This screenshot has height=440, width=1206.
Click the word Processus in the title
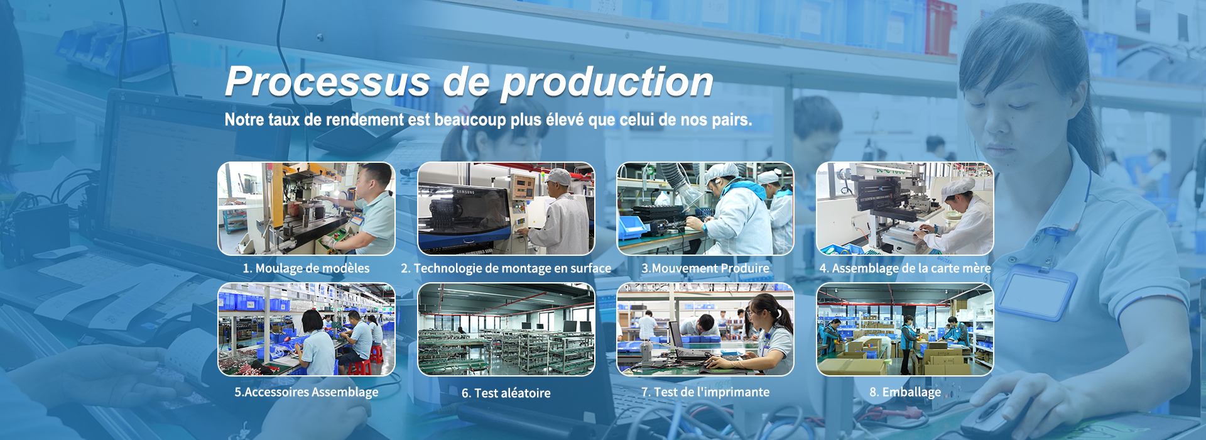pos(328,82)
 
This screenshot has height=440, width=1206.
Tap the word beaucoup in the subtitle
pos(470,119)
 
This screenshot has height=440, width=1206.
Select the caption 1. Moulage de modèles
pos(307,268)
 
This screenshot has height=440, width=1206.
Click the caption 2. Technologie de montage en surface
pos(506,268)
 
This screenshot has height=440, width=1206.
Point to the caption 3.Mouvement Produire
pos(705,268)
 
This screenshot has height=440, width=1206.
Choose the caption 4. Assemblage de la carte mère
pos(905,268)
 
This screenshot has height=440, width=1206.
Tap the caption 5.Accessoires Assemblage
pos(307,392)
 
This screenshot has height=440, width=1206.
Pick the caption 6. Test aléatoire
pos(506,393)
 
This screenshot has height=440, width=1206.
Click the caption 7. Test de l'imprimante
pos(705,392)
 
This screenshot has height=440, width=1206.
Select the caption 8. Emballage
pos(905,392)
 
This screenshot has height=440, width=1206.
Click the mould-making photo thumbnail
pos(307,209)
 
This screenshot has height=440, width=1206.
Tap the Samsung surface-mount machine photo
pos(506,209)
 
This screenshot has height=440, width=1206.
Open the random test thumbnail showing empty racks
pos(506,329)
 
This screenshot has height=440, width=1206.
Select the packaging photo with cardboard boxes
pos(905,329)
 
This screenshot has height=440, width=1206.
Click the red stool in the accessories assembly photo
pos(359,367)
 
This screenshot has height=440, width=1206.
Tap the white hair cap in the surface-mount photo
pos(558,177)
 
